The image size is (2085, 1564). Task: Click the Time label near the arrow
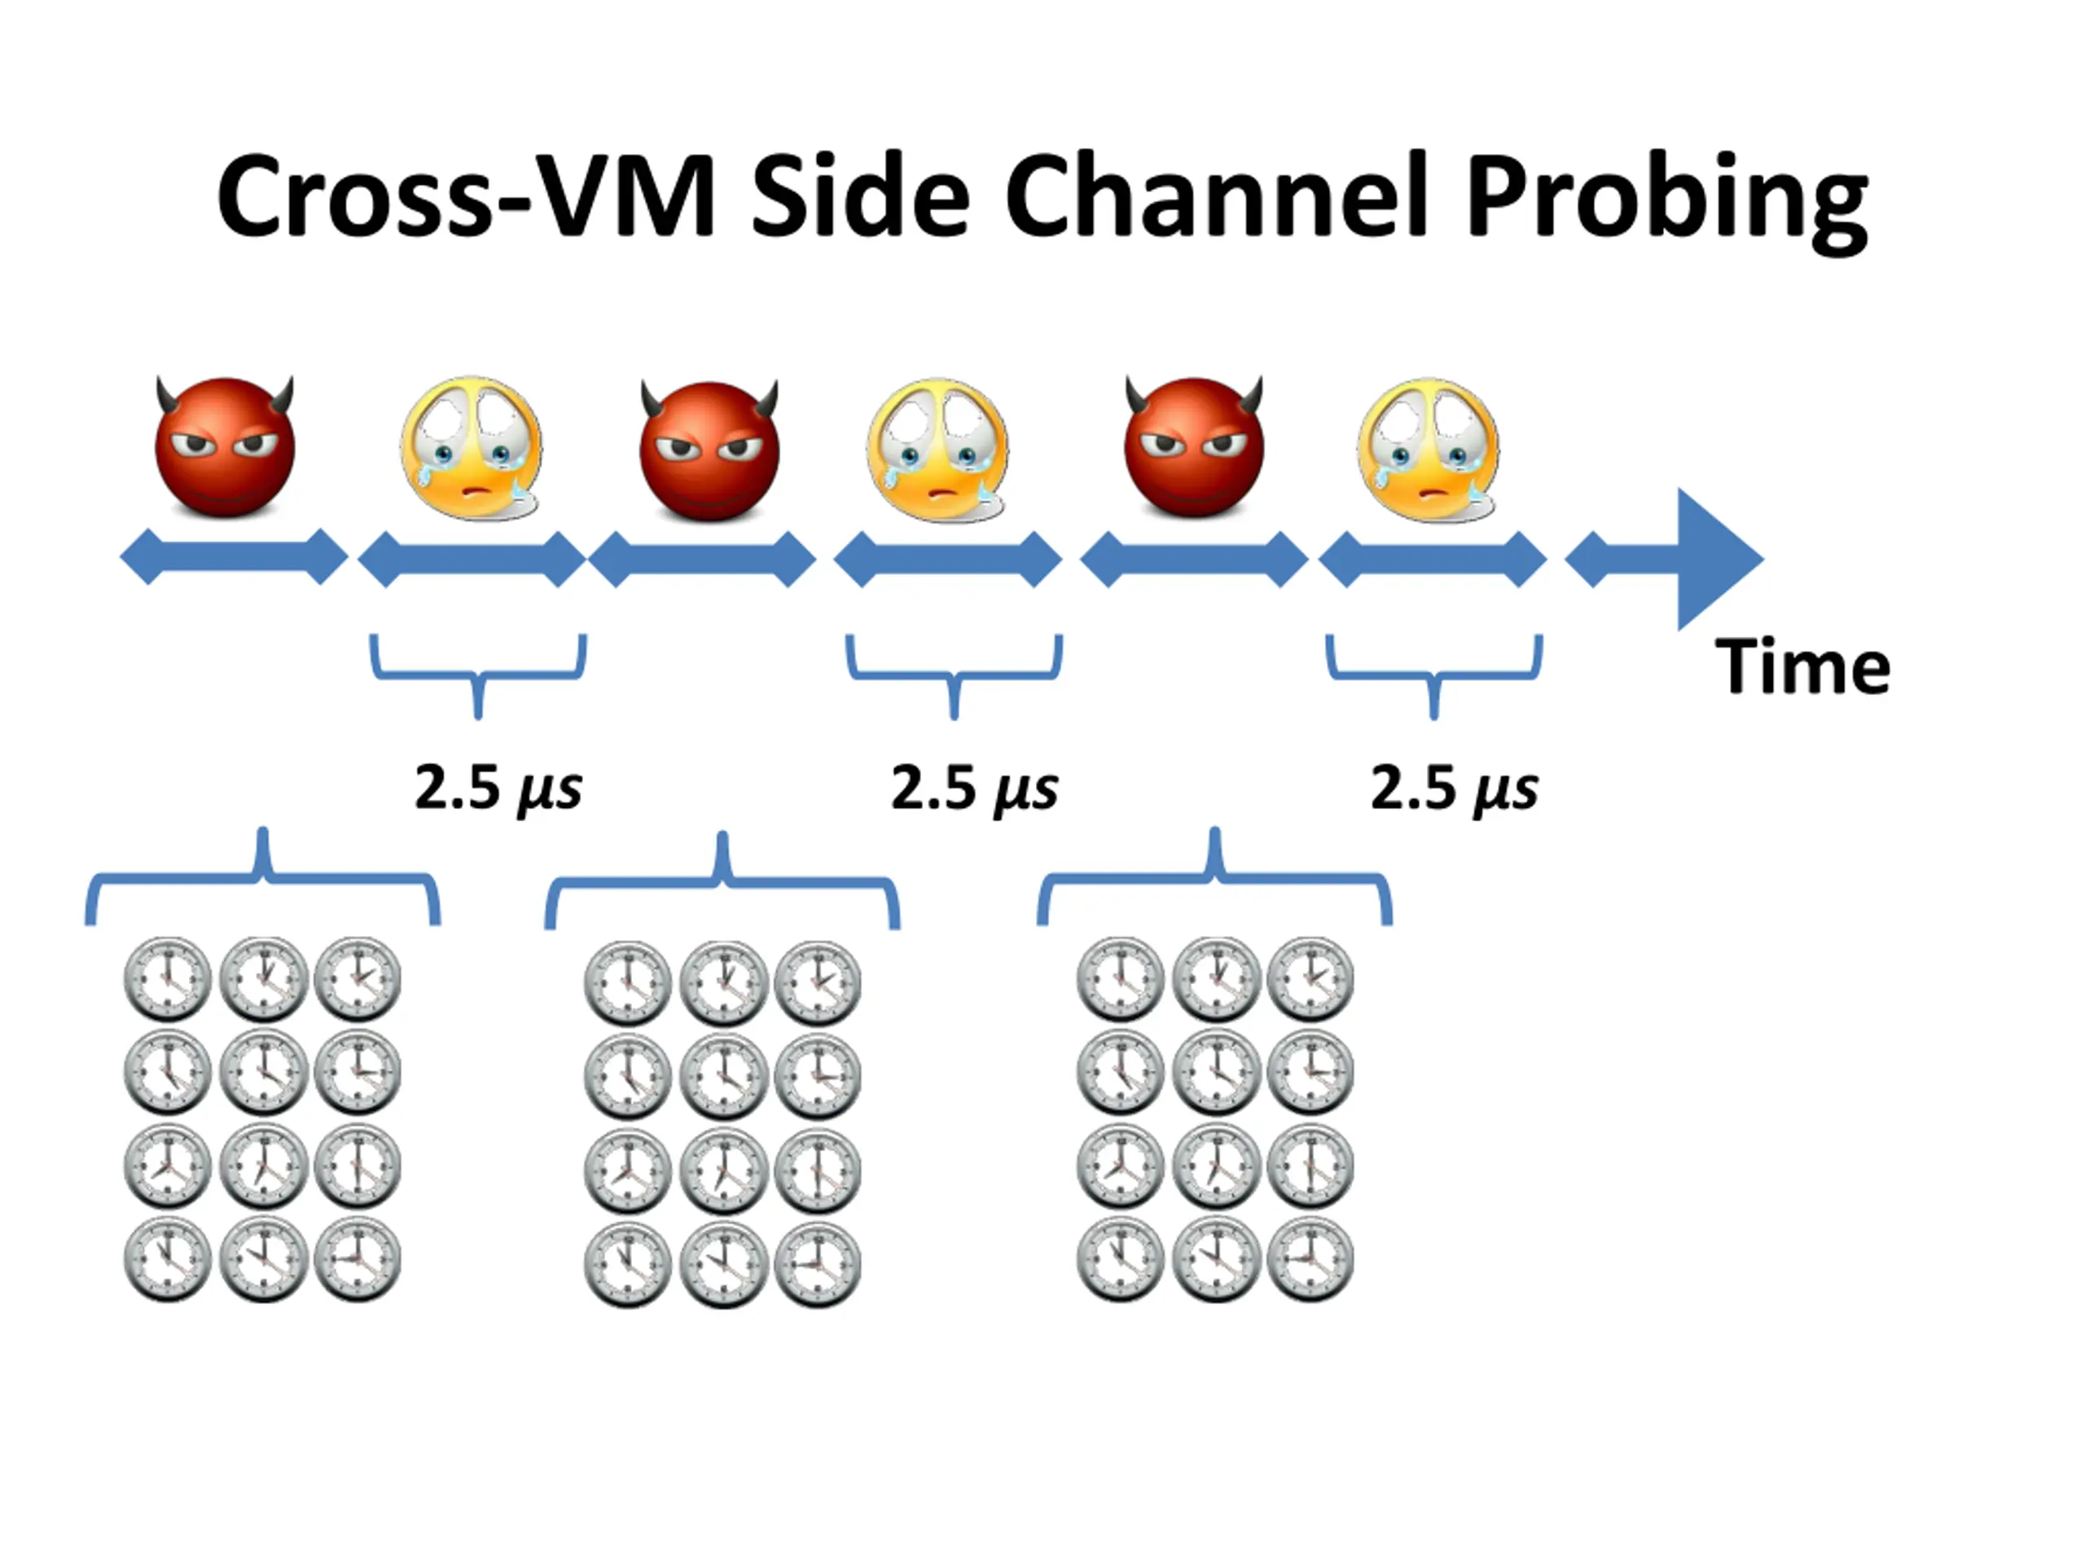point(1802,667)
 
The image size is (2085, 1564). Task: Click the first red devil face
point(224,447)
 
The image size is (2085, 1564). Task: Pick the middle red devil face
point(709,450)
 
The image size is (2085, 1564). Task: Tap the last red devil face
point(1193,447)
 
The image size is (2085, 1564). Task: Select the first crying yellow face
point(472,449)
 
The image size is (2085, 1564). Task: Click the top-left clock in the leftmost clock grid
point(168,979)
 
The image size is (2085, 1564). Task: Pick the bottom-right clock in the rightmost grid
point(1310,1259)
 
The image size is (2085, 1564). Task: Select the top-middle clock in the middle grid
point(723,983)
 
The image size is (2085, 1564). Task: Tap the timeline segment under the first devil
point(234,558)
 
